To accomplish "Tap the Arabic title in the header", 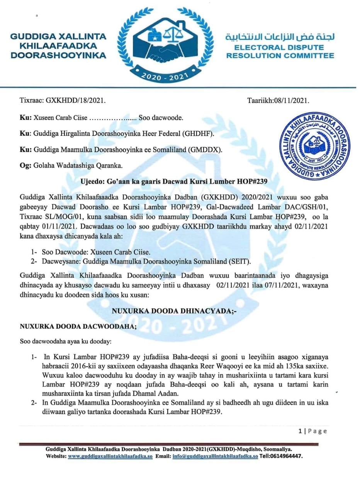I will pyautogui.click(x=280, y=37).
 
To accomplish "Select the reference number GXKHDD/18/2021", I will pyautogui.click(x=76, y=101).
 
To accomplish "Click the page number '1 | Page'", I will pyautogui.click(x=312, y=431).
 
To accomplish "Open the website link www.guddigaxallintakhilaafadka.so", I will pyautogui.click(x=110, y=456).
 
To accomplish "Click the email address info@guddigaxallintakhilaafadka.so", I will pyautogui.click(x=215, y=456).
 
